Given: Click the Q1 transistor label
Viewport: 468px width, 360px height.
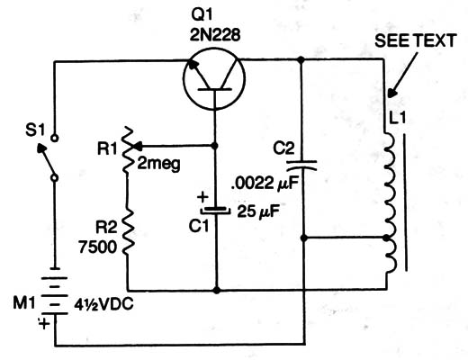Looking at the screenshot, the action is (x=202, y=15).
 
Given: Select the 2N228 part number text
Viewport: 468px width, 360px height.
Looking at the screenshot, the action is (x=215, y=35).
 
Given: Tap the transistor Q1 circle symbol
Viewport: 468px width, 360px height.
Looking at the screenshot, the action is (x=214, y=78).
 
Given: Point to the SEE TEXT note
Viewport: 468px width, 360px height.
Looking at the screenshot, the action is (x=416, y=40).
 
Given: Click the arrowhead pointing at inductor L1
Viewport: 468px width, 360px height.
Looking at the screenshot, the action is (x=391, y=93).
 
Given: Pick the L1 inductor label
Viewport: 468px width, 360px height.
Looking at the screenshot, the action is (x=397, y=117).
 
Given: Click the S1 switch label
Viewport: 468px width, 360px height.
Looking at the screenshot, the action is (x=35, y=130).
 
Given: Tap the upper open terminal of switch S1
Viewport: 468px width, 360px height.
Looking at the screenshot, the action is (x=54, y=139).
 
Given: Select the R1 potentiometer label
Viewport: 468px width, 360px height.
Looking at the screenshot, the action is (x=107, y=148).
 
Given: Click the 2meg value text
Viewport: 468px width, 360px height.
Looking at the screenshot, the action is (x=158, y=165).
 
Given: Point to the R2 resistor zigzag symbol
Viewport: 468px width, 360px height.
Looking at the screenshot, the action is (x=127, y=231).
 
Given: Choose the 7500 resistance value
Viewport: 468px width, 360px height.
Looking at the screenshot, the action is (x=97, y=247).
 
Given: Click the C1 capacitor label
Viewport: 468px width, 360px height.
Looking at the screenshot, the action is (x=199, y=226).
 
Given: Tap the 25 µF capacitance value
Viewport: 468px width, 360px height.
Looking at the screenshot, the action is (x=258, y=211).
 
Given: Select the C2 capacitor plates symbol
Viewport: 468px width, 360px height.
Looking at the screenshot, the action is (x=301, y=166).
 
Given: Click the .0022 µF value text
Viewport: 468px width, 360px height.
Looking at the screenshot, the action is (x=265, y=184).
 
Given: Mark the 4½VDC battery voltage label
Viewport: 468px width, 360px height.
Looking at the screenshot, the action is (x=103, y=305).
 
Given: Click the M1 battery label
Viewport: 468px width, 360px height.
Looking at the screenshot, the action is (x=24, y=303).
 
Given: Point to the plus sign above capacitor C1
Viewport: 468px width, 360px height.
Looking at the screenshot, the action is (x=202, y=197).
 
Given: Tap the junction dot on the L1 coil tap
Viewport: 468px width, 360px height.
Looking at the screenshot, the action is (x=386, y=238).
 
